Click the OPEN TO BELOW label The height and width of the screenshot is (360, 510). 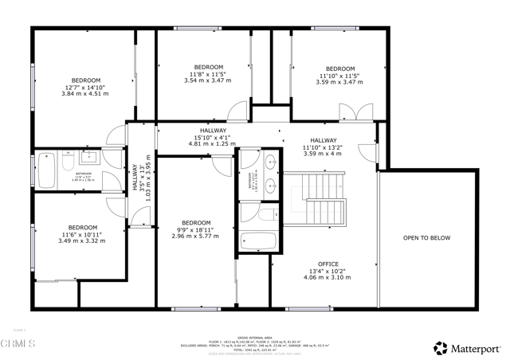pyautogui.click(x=426, y=237)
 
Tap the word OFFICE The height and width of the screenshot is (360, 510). pyautogui.click(x=328, y=264)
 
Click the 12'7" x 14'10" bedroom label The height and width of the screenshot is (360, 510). pyautogui.click(x=85, y=87)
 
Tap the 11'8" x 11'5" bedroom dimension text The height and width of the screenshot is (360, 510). pyautogui.click(x=208, y=74)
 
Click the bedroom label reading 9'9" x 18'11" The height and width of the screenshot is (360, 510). pyautogui.click(x=196, y=229)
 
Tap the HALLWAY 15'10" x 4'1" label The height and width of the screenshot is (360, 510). pyautogui.click(x=213, y=138)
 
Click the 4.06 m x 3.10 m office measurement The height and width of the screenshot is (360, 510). pyautogui.click(x=328, y=277)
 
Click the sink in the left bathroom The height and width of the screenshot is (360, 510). pyautogui.click(x=89, y=158)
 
